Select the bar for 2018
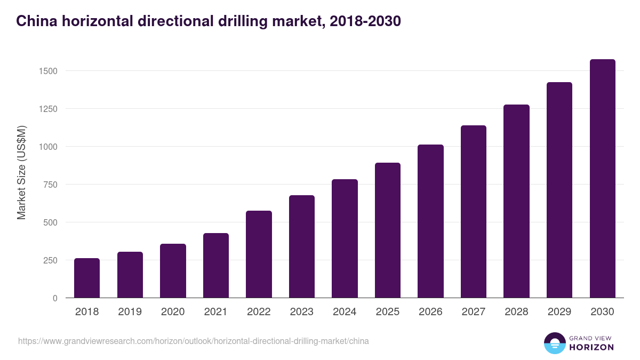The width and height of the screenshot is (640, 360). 87,278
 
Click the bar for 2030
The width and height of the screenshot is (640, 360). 602,179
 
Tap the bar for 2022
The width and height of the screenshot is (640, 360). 259,254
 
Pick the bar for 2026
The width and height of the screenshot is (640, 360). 430,221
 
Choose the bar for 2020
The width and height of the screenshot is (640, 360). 173,271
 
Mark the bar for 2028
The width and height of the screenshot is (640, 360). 516,201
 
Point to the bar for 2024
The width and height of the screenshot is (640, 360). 345,238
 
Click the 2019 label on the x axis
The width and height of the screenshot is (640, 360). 130,312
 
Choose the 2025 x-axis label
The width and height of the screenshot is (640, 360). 387,312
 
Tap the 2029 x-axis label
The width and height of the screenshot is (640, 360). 559,312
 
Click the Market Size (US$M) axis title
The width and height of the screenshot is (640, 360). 21,172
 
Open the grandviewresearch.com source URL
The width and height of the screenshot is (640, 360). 193,341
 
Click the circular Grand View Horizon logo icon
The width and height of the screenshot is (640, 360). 554,343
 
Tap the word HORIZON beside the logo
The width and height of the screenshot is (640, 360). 591,347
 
